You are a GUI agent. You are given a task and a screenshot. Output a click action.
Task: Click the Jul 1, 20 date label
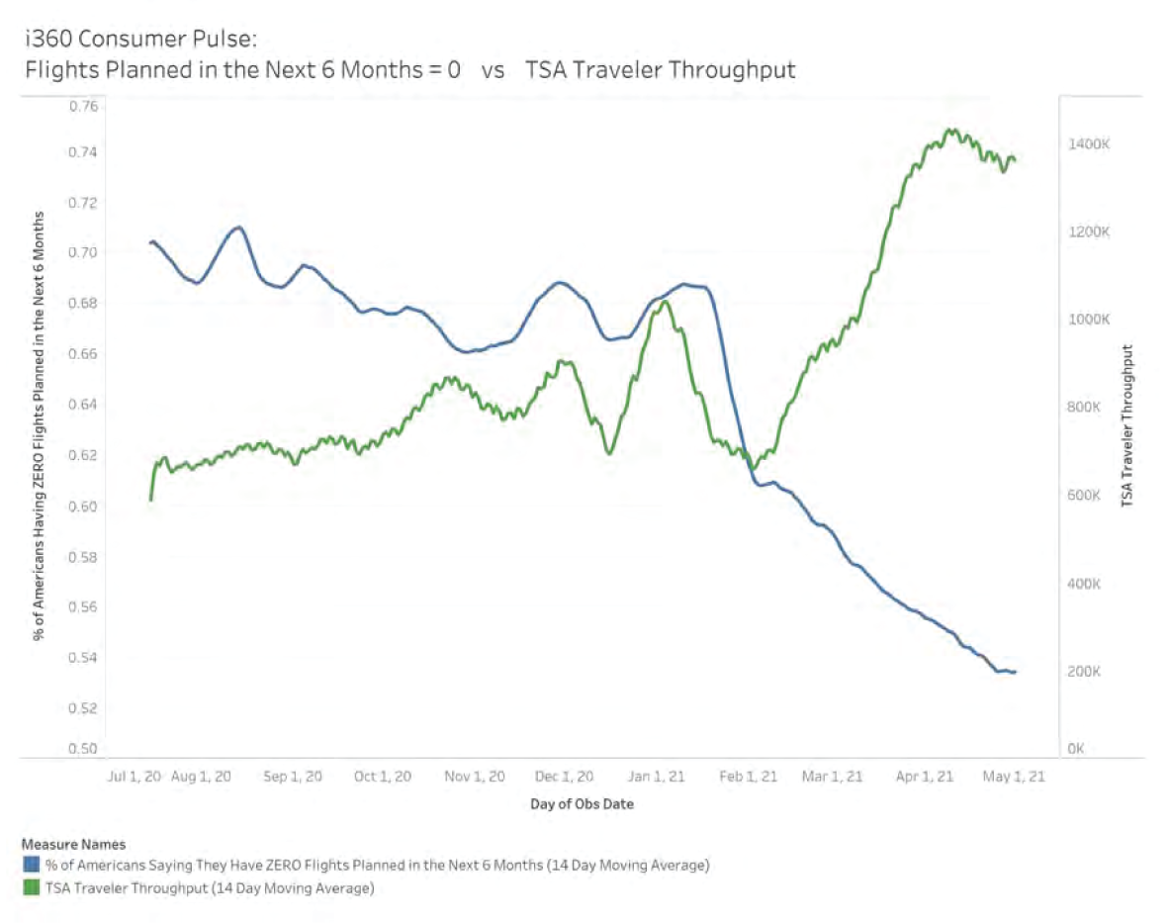click(x=133, y=777)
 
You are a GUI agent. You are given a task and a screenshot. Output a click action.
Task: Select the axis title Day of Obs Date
click(x=582, y=804)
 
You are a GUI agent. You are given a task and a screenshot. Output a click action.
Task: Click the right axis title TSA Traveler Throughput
click(x=1126, y=426)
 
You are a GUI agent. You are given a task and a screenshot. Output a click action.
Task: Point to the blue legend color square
click(x=30, y=866)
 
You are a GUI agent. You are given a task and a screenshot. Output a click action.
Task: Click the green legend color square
click(x=30, y=888)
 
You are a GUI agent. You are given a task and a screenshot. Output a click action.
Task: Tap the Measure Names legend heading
click(x=73, y=845)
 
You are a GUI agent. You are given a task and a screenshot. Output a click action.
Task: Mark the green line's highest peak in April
click(x=951, y=130)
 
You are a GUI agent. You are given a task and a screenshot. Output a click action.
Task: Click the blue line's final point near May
click(x=1015, y=673)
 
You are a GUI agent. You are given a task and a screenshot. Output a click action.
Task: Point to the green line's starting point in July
click(x=151, y=500)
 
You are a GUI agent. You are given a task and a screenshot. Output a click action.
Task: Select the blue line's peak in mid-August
click(x=238, y=228)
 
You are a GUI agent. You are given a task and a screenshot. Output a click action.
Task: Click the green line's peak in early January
click(x=665, y=302)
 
